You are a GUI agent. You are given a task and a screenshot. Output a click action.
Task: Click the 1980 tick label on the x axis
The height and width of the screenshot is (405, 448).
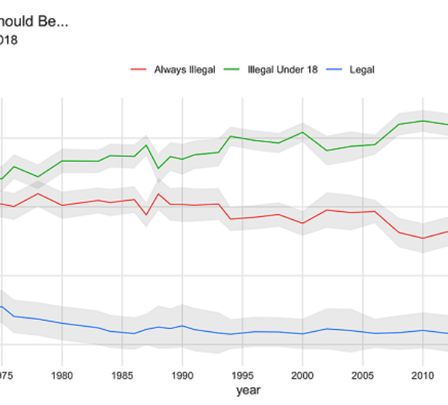(x=62, y=375)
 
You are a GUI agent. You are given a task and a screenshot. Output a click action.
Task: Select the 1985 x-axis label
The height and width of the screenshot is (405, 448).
(x=122, y=375)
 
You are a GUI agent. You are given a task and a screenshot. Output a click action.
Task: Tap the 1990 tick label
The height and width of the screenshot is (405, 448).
(x=182, y=375)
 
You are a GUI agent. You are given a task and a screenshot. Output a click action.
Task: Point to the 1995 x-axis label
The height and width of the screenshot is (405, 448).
(x=243, y=375)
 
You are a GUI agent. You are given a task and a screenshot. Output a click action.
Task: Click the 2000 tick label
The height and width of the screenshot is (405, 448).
(x=302, y=375)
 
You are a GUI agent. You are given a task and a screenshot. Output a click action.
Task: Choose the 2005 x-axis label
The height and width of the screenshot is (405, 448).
(x=363, y=375)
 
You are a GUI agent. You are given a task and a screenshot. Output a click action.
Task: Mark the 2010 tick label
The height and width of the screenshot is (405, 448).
(x=423, y=375)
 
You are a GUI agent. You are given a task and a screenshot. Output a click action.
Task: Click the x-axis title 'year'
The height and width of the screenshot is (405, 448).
(x=249, y=390)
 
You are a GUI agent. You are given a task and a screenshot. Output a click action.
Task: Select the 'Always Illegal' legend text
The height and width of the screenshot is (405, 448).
(x=184, y=69)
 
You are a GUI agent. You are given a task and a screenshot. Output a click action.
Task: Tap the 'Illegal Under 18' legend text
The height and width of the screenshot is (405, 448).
(x=282, y=69)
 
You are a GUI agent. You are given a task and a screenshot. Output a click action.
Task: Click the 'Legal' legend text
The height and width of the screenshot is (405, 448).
(x=361, y=69)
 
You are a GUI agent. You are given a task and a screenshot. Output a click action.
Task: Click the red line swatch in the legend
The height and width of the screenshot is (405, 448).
(x=139, y=69)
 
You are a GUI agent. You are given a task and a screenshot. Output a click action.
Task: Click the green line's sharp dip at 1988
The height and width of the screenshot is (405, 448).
(x=158, y=169)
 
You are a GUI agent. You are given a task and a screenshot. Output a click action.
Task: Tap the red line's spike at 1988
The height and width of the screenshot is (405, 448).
(x=158, y=194)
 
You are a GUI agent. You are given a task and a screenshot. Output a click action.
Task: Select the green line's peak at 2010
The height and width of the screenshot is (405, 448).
(x=423, y=120)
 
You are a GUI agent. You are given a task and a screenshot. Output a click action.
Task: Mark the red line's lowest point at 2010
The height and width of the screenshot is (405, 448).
(x=423, y=239)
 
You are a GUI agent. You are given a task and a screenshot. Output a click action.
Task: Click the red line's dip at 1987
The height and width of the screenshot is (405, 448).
(x=146, y=216)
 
